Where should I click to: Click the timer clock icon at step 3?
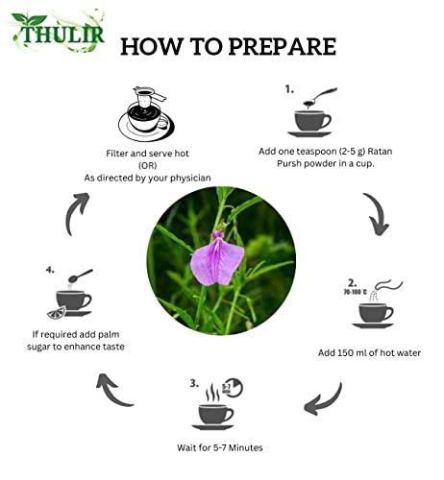pyautogui.click(x=232, y=389)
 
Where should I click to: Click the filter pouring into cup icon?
pyautogui.click(x=145, y=114)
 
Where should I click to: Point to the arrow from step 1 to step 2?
pyautogui.click(x=375, y=214)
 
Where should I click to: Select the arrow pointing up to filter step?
pyautogui.click(x=76, y=213)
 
